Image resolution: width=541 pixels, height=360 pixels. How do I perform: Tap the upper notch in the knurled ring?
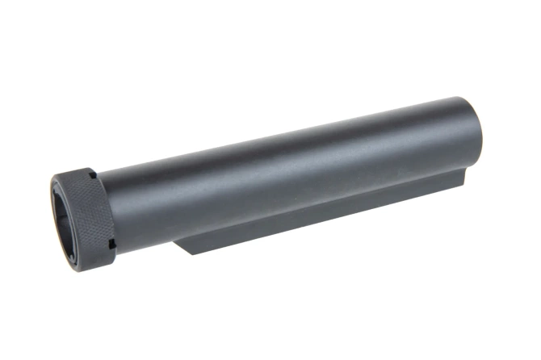(94, 174)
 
